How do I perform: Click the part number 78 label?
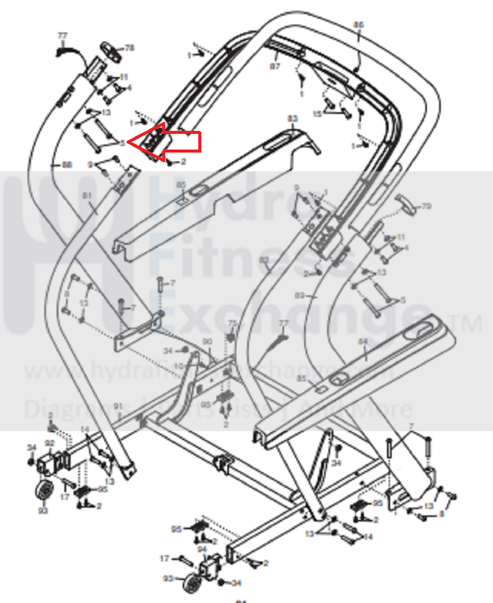[x=129, y=48]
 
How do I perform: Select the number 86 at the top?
[x=358, y=25]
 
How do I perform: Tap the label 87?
[x=275, y=66]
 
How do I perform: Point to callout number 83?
[x=293, y=118]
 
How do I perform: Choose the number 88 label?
[x=66, y=164]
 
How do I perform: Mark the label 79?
[x=427, y=206]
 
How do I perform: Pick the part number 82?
[x=264, y=260]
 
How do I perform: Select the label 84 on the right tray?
[x=363, y=342]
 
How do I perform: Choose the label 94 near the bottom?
[x=203, y=549]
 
